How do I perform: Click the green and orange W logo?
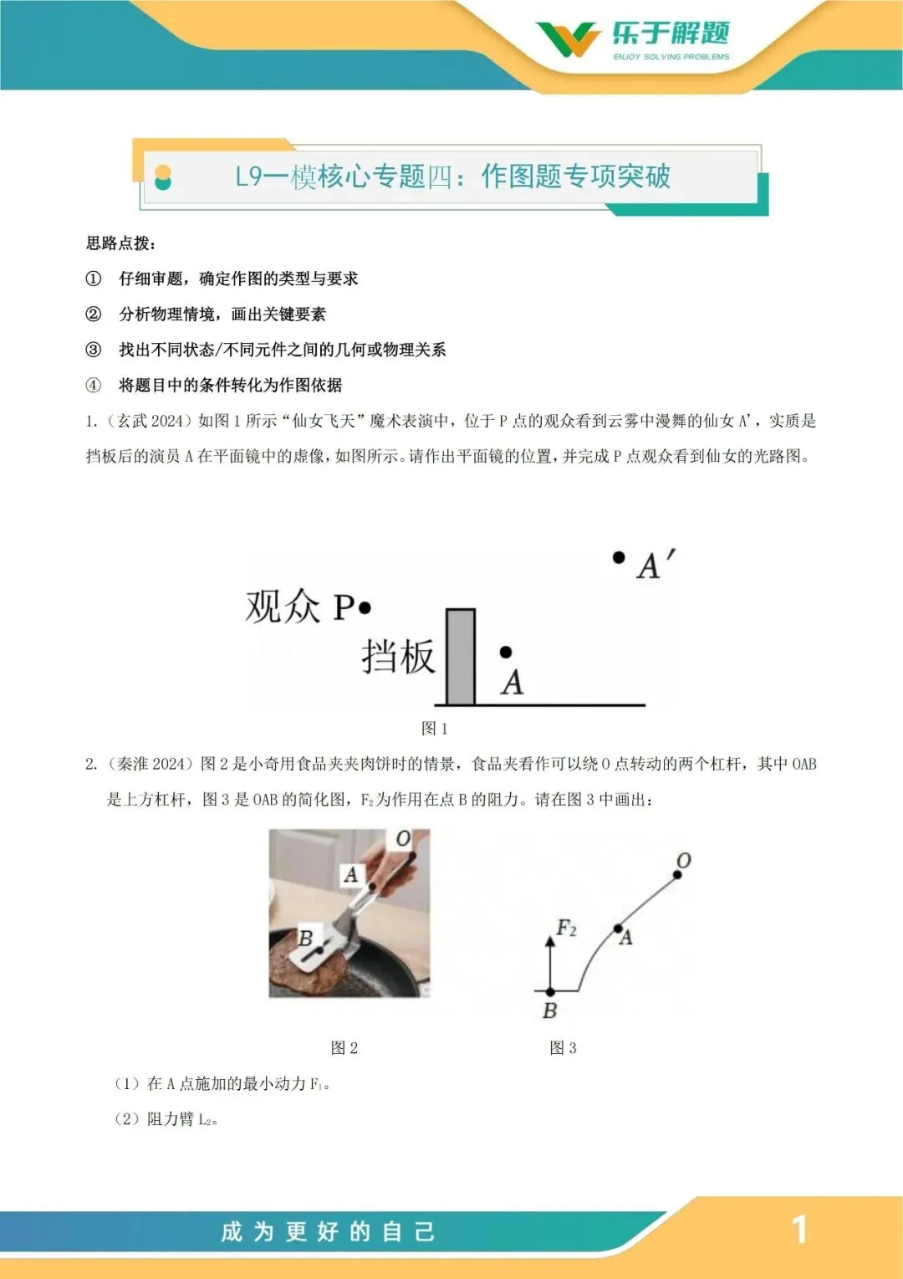point(569,39)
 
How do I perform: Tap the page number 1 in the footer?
point(799,1230)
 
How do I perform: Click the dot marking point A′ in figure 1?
point(619,556)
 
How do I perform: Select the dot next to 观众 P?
point(365,608)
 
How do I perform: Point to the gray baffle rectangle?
point(461,657)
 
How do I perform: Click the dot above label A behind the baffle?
point(505,652)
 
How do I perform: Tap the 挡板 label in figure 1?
point(398,657)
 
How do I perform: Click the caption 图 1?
point(435,729)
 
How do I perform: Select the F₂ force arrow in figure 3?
point(550,962)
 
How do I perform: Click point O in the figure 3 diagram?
point(678,875)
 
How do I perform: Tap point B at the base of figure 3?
point(550,992)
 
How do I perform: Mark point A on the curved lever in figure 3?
point(618,929)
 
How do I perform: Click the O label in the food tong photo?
point(403,839)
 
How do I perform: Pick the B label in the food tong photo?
point(306,938)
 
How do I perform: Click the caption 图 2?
point(344,1048)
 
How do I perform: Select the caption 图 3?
point(563,1048)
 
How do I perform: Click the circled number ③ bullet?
point(94,350)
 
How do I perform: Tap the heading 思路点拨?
point(120,243)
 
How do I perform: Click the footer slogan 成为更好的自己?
point(328,1231)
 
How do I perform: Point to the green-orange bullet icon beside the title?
point(163,177)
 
